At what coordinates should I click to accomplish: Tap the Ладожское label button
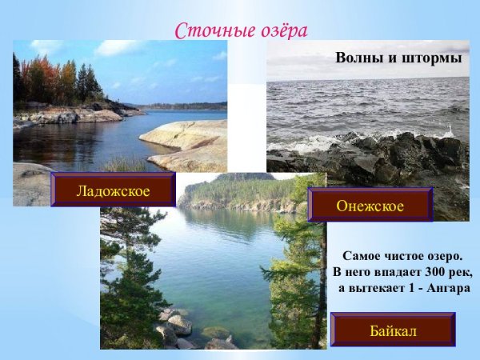coord(113,190)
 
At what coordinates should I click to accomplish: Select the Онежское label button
coord(370,206)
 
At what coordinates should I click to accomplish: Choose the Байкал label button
coord(392,329)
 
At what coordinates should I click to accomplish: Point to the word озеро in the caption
coord(442,257)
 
